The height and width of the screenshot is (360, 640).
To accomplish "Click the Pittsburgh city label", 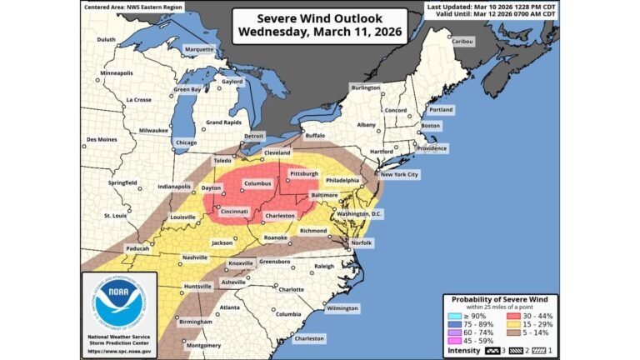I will [x=304, y=174].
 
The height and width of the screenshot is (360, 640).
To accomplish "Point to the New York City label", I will [x=399, y=174].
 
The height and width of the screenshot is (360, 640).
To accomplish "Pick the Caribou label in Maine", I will [x=462, y=42].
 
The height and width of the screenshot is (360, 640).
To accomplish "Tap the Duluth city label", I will [x=106, y=39].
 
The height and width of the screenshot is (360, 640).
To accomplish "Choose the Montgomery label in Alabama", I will [x=203, y=345].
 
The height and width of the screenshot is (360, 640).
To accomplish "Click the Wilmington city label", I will [x=342, y=307].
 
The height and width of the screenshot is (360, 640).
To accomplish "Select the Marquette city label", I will [x=198, y=49].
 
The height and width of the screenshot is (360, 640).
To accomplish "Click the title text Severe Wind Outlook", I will [x=319, y=18].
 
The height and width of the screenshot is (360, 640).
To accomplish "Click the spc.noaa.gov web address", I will [x=122, y=350].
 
